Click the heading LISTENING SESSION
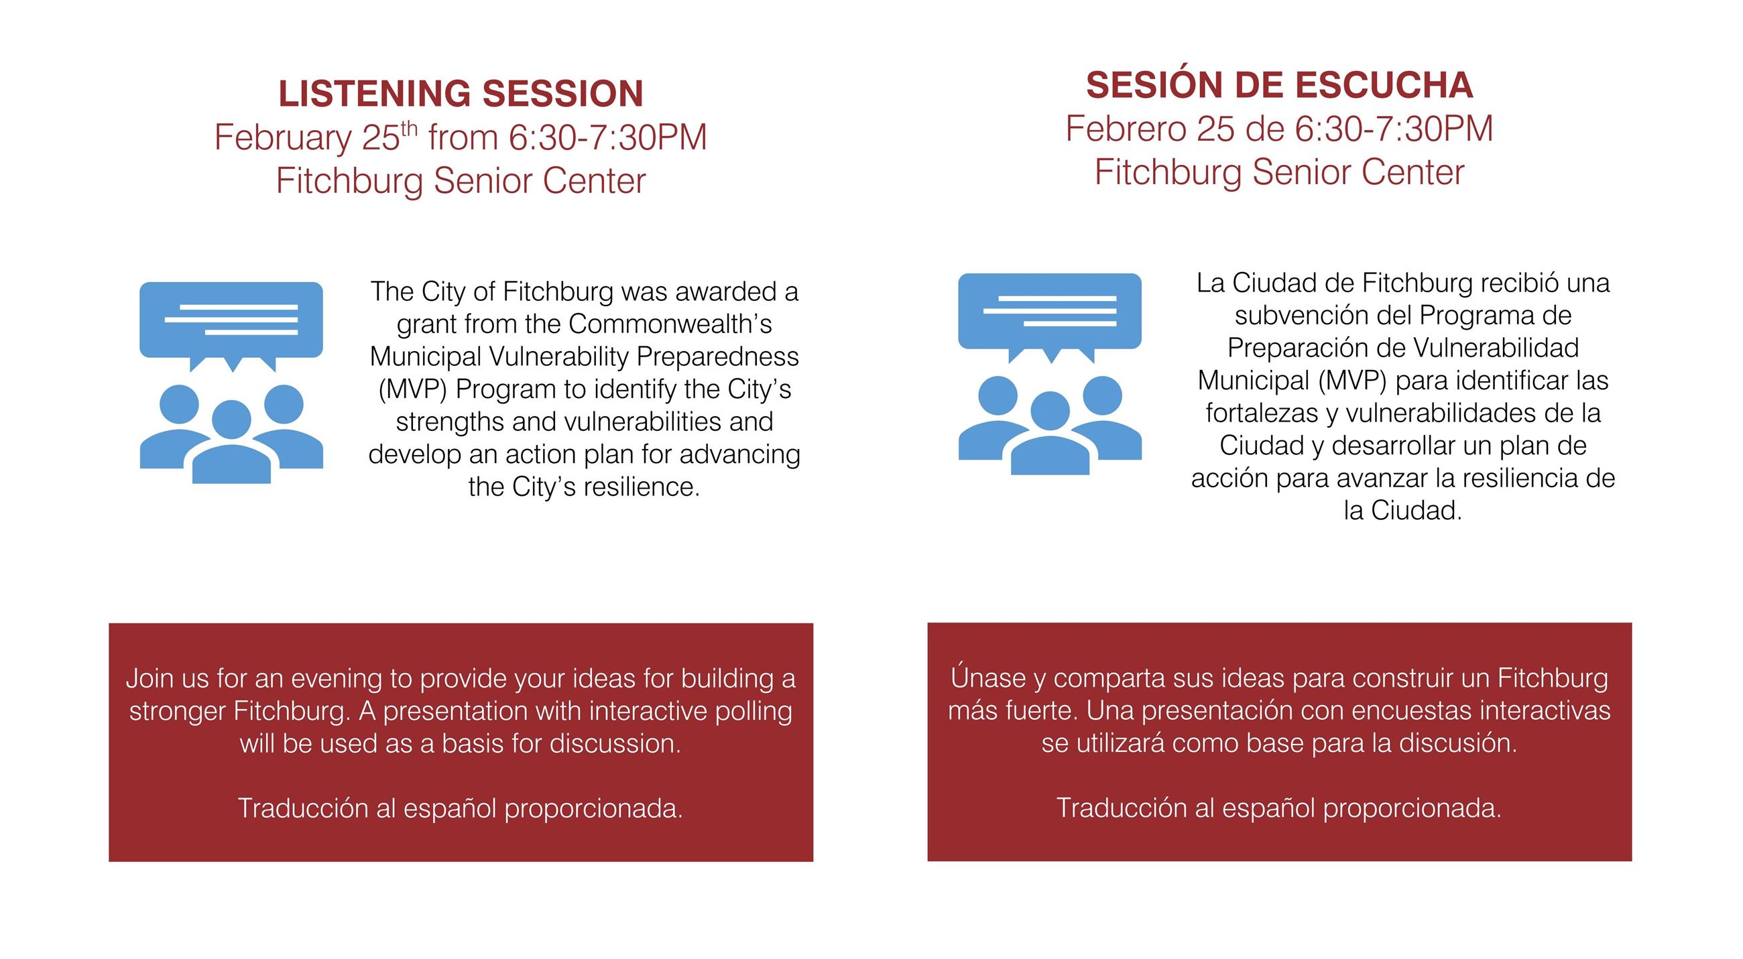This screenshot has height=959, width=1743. coord(460,93)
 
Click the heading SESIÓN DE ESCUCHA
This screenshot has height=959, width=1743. coord(1279,85)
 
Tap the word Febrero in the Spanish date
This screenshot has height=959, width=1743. coord(1125,129)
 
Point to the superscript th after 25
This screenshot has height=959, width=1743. coord(410,128)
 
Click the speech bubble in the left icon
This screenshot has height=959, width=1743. coord(231,319)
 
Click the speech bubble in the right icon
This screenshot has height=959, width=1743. coord(1049,311)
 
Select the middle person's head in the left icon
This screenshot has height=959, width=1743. coord(231,420)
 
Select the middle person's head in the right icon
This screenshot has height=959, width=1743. coord(1050,411)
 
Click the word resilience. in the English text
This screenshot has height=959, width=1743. coord(641,487)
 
